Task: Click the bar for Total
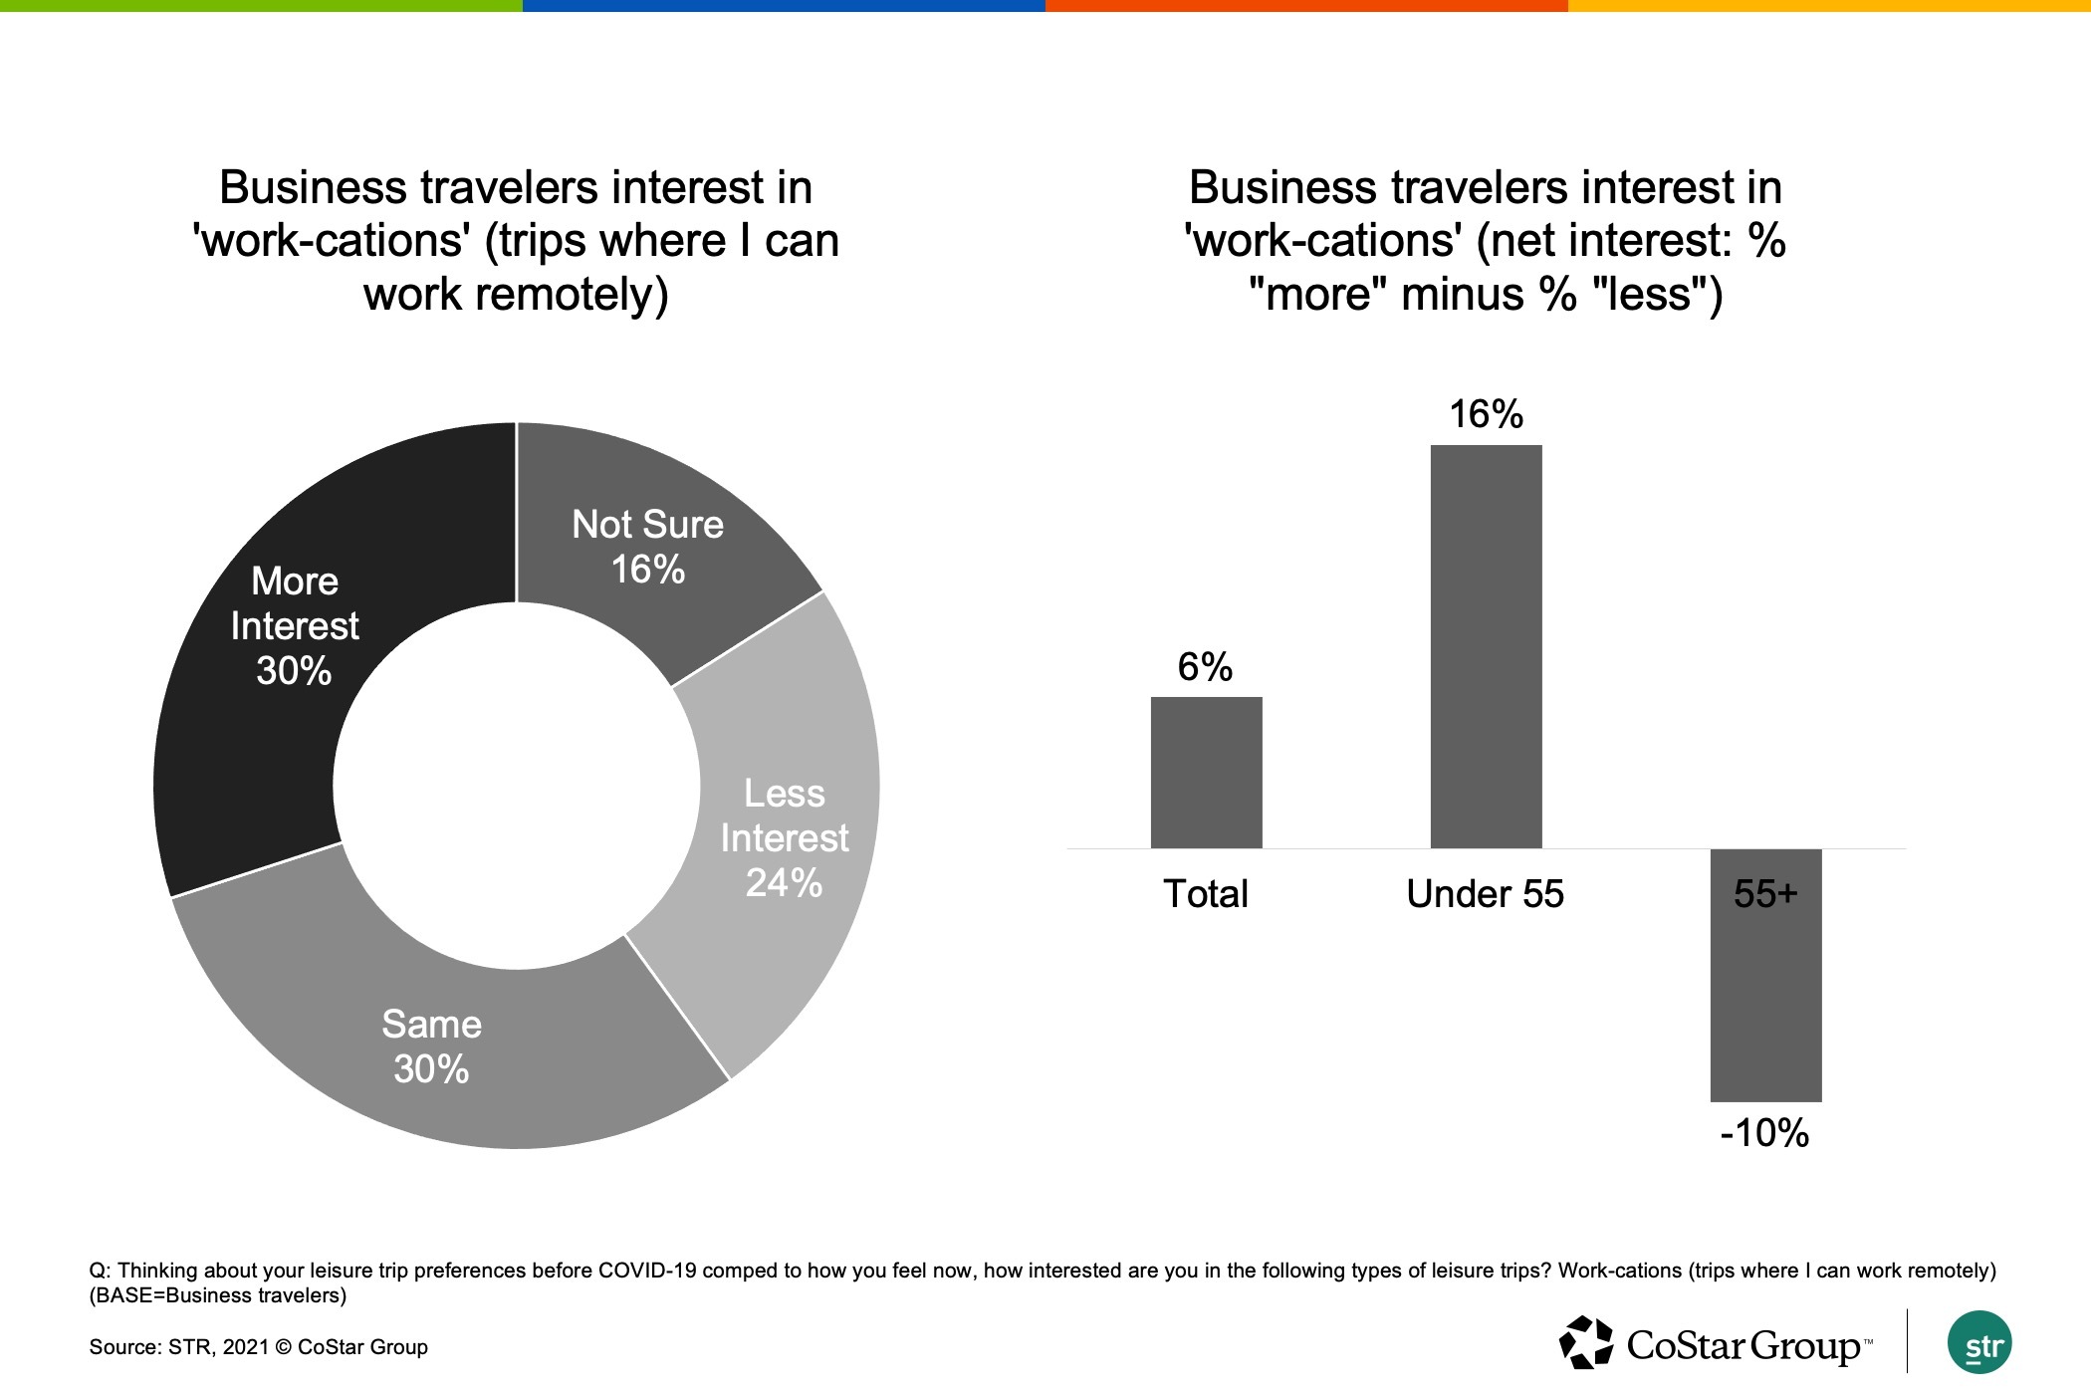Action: point(1206,773)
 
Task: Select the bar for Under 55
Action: point(1486,646)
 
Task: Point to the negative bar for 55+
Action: point(1765,975)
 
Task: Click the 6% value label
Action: point(1205,666)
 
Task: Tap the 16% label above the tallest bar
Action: point(1486,414)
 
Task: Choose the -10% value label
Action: point(1764,1133)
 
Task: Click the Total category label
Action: point(1205,894)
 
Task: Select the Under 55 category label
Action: point(1485,894)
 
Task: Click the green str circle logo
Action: point(1979,1342)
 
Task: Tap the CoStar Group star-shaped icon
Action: point(1586,1342)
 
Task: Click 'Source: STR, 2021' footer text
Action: point(179,1347)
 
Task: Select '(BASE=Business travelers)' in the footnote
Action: point(218,1295)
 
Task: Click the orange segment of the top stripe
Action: point(1306,6)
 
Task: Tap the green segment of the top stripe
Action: point(261,6)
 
